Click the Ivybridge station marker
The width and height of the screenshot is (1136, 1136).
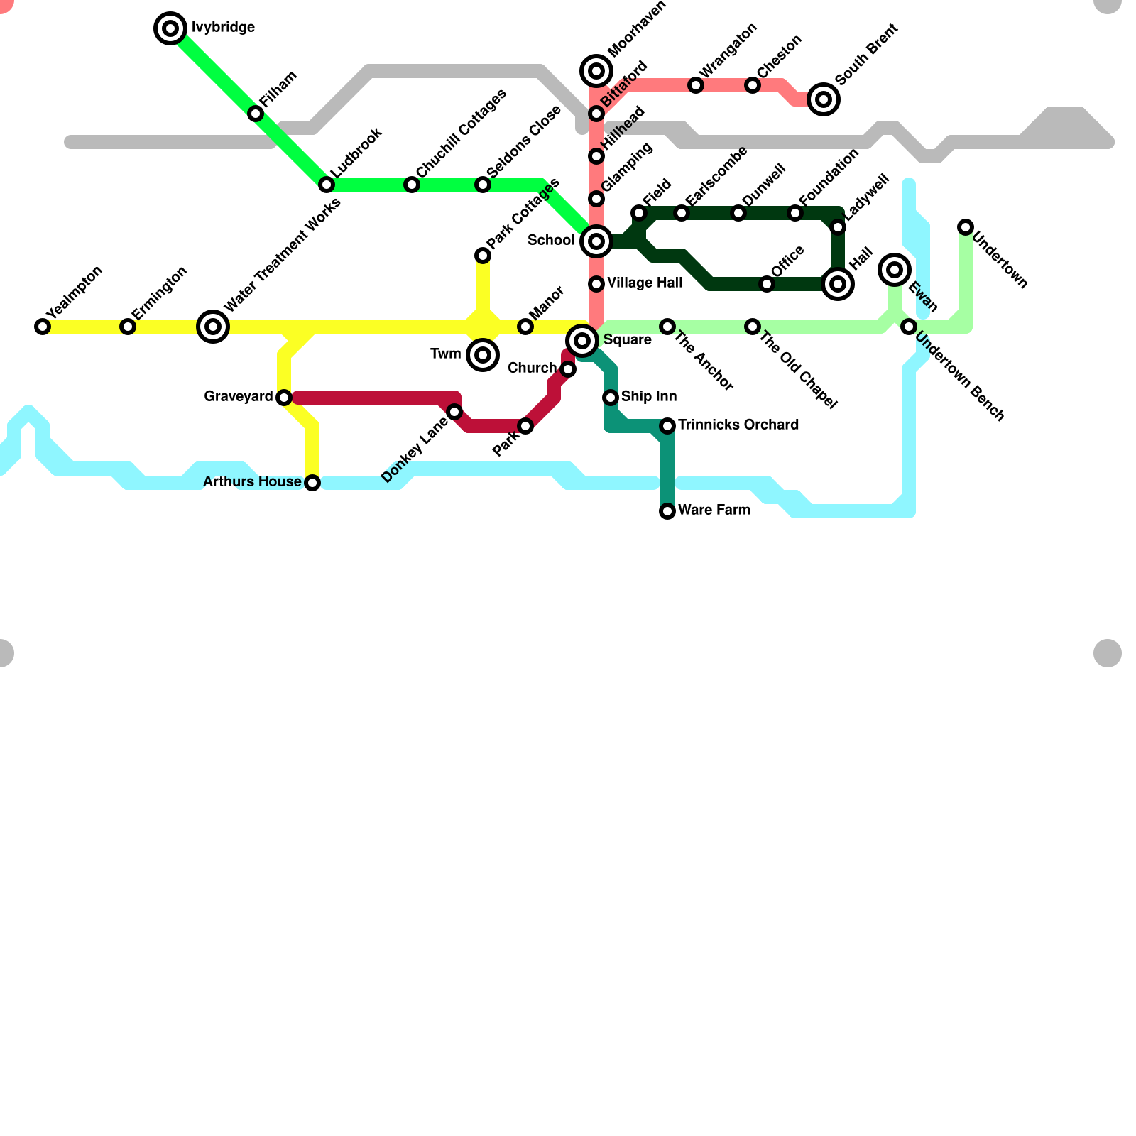[x=170, y=28]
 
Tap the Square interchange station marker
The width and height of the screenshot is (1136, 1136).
[x=582, y=341]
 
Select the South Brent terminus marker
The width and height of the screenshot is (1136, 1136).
[x=824, y=99]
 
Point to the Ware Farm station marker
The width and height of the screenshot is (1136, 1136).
[x=667, y=511]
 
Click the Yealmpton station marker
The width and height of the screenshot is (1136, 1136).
[x=43, y=327]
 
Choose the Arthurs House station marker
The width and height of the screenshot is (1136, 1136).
[x=312, y=483]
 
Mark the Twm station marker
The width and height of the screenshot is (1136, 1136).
[x=483, y=355]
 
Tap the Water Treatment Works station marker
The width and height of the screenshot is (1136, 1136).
[x=213, y=327]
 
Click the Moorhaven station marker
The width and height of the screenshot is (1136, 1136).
[x=596, y=71]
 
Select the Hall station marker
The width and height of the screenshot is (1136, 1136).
[x=838, y=284]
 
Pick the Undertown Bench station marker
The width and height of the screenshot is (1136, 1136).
[x=909, y=327]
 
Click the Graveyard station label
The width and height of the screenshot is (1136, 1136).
[x=238, y=396]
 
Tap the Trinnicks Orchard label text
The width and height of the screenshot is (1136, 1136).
[x=738, y=425]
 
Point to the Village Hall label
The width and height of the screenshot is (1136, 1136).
[x=645, y=283]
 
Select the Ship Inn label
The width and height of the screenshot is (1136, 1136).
[x=648, y=396]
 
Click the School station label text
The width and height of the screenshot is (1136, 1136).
[x=551, y=240]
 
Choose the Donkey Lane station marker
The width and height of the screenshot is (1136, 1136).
[x=454, y=412]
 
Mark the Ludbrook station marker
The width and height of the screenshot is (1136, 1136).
[x=327, y=185]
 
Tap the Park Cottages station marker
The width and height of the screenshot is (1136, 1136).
[x=483, y=256]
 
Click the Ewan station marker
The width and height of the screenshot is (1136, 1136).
[x=895, y=270]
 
